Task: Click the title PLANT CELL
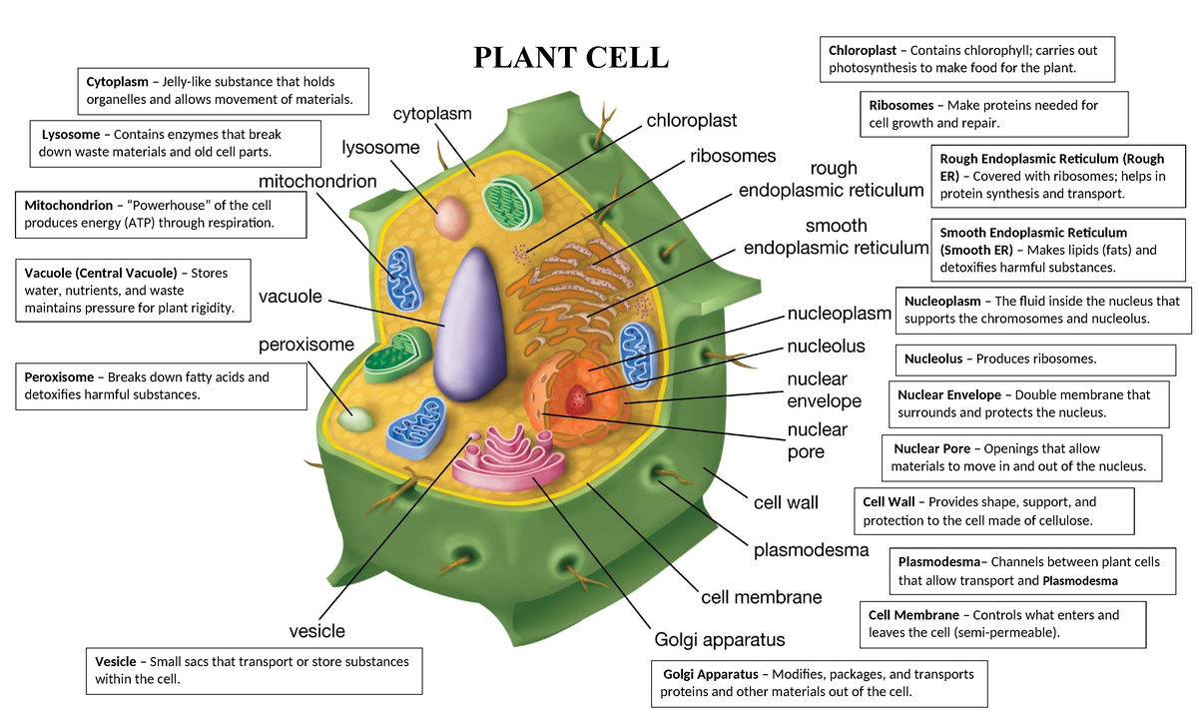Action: tap(571, 57)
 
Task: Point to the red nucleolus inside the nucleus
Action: tap(577, 401)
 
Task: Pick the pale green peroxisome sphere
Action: tap(355, 419)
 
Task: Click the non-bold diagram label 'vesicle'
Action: tap(316, 631)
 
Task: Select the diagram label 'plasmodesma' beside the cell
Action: tap(811, 550)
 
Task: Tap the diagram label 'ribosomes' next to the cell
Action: tap(733, 157)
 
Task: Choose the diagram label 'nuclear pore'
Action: tap(818, 440)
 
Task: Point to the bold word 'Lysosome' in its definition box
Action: tap(71, 135)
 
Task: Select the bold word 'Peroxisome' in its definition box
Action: tap(59, 377)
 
